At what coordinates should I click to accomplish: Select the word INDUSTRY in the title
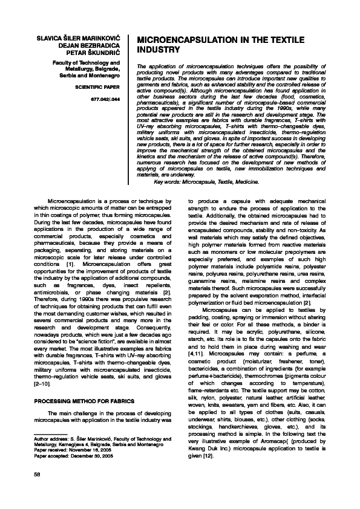(160, 50)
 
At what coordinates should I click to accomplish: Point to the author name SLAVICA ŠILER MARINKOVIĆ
(77, 38)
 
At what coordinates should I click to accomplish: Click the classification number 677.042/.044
(107, 98)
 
